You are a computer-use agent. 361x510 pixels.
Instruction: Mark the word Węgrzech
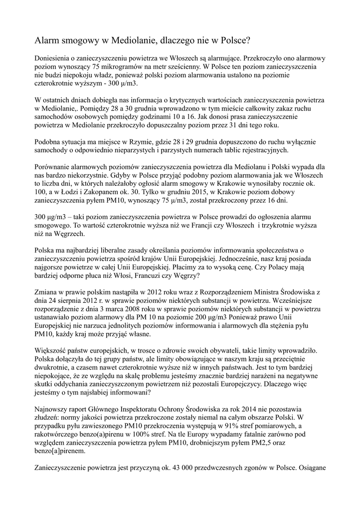pos(70,234)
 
